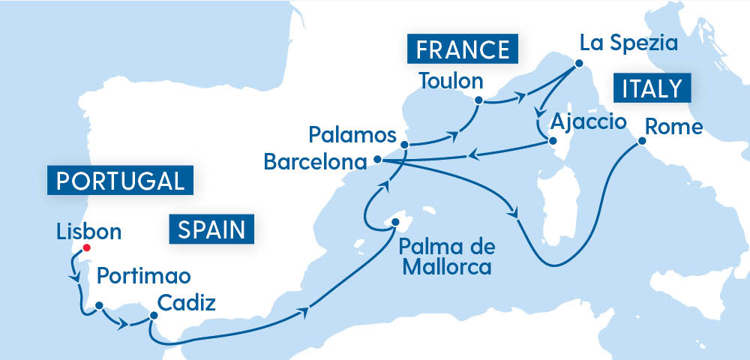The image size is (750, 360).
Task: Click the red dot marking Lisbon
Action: tap(86, 248)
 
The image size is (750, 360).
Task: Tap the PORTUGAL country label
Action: tap(120, 181)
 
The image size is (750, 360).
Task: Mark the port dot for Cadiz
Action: tap(152, 316)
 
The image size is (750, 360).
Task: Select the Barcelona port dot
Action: tap(377, 159)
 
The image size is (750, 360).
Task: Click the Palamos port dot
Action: tap(404, 145)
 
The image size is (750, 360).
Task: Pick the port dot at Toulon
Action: tap(478, 99)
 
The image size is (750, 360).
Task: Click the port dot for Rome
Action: tap(641, 140)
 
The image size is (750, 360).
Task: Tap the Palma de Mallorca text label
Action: tap(447, 256)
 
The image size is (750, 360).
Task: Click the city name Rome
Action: tap(674, 126)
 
